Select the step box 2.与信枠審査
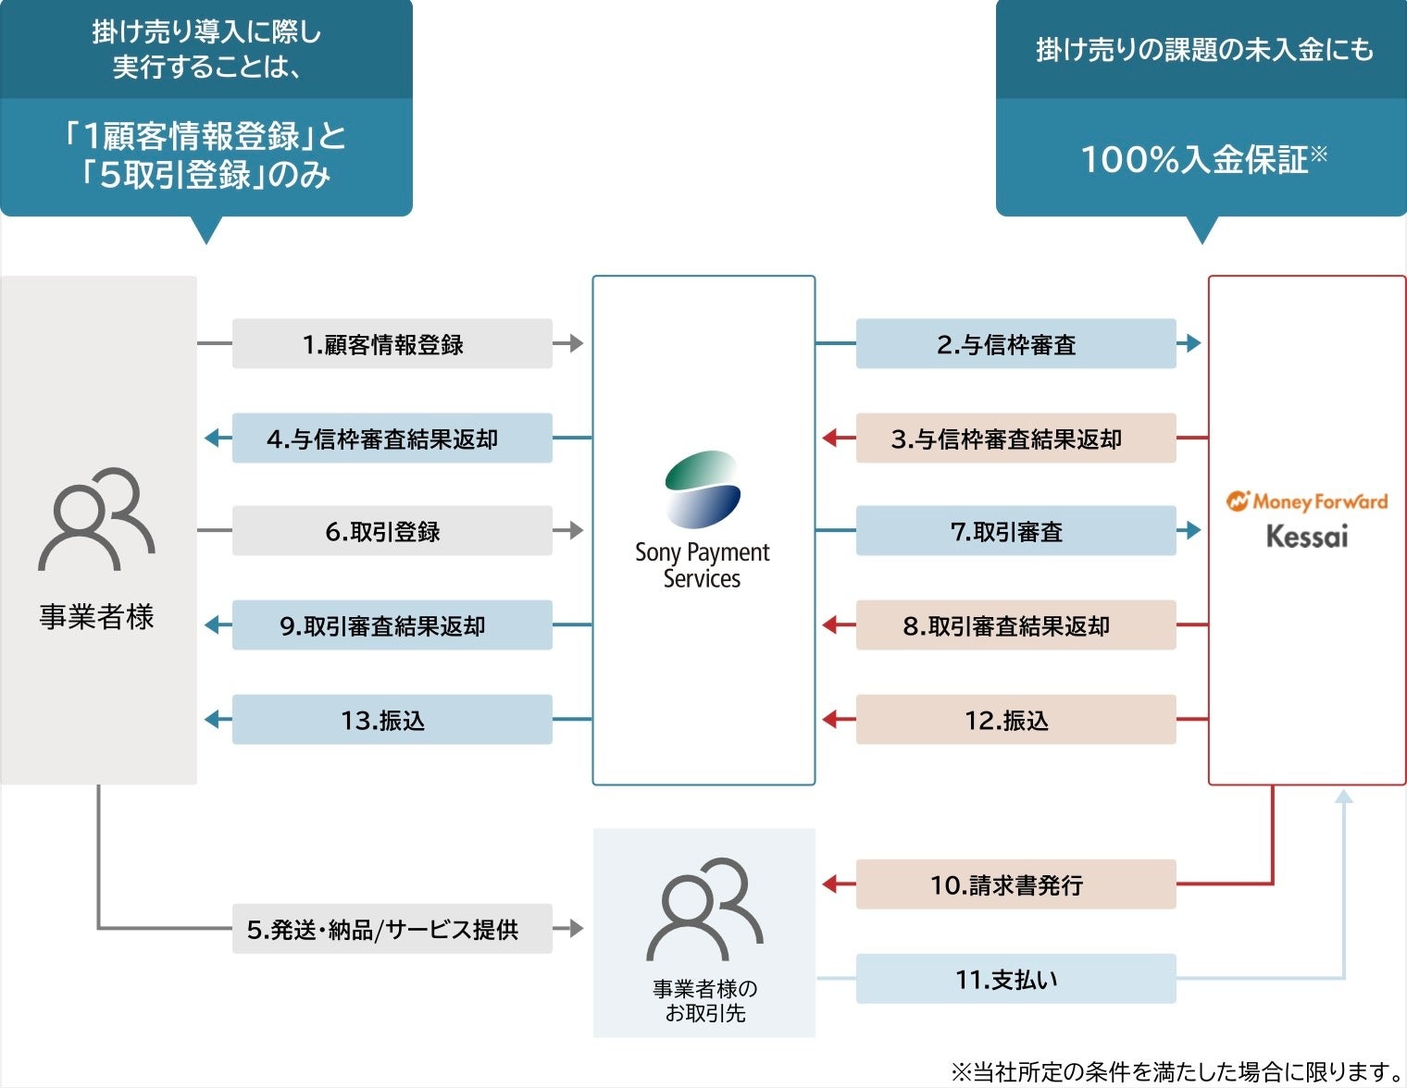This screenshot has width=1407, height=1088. [x=1015, y=344]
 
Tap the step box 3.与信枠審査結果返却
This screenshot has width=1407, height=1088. [x=1015, y=439]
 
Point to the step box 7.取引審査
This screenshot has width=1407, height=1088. [x=1015, y=531]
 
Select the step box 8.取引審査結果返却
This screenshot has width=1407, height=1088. [x=1015, y=625]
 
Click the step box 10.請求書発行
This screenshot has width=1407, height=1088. [x=1015, y=884]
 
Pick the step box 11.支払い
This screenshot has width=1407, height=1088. [x=1015, y=979]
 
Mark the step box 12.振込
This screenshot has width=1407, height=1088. [x=1015, y=720]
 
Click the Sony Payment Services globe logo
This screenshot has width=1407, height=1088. [x=703, y=489]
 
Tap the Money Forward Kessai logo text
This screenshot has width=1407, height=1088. [x=1307, y=519]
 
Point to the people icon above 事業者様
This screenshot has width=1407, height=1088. [x=96, y=519]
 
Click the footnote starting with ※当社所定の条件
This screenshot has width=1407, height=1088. [x=1177, y=1071]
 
